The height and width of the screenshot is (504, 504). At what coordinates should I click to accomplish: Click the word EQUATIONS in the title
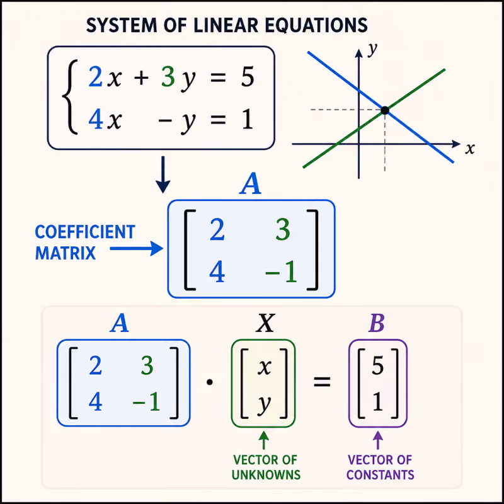click(316, 25)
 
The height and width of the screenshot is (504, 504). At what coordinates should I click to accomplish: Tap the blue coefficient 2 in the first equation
click(96, 76)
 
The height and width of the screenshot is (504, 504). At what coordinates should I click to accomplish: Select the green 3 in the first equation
click(168, 76)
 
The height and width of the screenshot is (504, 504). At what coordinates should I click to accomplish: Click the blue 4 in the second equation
click(96, 119)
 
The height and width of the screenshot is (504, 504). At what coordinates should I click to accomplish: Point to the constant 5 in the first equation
click(248, 77)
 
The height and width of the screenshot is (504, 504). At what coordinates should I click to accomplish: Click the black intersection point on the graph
click(385, 111)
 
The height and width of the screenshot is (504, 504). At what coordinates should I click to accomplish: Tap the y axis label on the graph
click(372, 49)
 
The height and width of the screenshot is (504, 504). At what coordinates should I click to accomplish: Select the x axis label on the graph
click(469, 149)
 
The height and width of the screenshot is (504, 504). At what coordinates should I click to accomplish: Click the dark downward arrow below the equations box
click(163, 175)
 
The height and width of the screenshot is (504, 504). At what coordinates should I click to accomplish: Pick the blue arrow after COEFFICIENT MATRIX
click(136, 248)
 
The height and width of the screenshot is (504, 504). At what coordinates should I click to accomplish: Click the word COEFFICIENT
click(85, 232)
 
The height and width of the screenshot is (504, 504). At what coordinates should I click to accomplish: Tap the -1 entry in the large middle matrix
click(280, 272)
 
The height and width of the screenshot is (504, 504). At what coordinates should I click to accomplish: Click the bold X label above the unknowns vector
click(265, 323)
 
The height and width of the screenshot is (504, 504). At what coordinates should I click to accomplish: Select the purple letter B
click(377, 323)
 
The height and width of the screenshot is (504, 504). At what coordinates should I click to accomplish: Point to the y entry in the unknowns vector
click(264, 404)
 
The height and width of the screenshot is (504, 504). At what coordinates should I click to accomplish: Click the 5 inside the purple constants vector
click(377, 365)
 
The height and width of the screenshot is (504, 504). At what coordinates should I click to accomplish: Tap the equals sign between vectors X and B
click(322, 382)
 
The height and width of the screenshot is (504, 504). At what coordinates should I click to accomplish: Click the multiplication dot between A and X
click(210, 382)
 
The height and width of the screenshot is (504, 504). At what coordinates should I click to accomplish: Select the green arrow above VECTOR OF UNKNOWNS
click(263, 440)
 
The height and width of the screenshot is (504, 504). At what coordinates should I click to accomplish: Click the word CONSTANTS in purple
click(381, 475)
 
